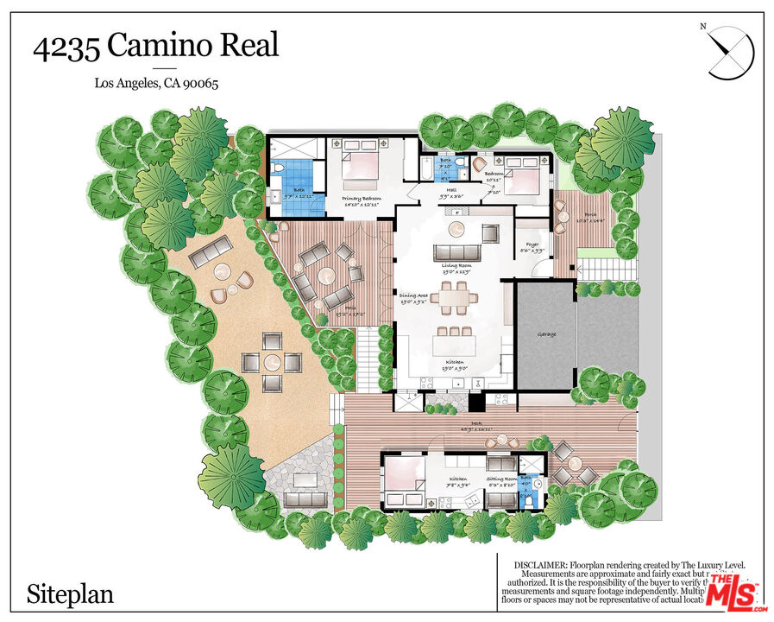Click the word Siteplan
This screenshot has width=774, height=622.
coord(70,594)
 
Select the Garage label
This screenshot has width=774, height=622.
coord(545,334)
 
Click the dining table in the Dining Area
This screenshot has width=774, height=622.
coord(453,300)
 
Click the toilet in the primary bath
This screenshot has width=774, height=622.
coord(278,170)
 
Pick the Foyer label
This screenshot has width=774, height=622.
coord(532,244)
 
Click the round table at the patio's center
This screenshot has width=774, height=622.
coord(327,276)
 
